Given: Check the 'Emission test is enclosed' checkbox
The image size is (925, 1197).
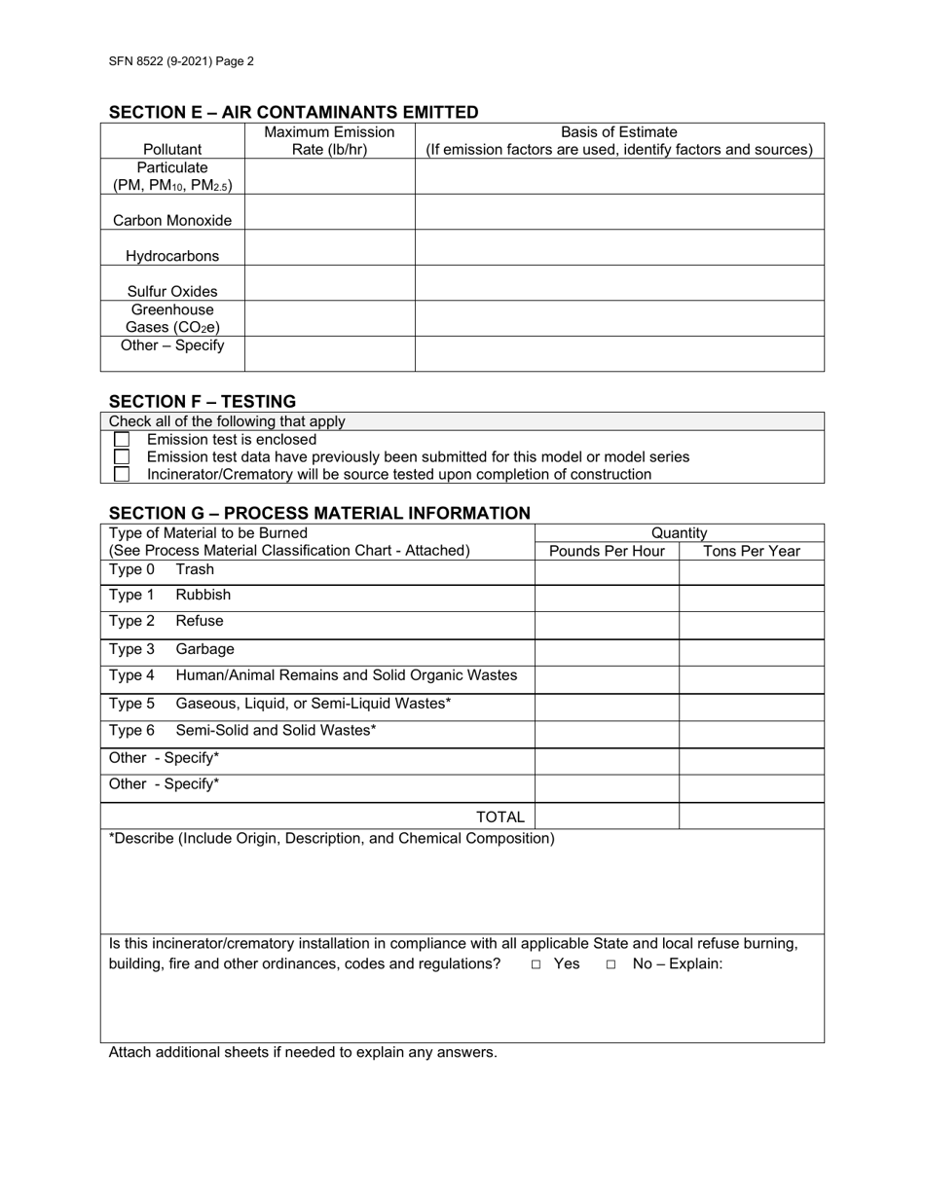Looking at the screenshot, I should [122, 440].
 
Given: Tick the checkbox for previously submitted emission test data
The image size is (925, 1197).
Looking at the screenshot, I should [122, 457].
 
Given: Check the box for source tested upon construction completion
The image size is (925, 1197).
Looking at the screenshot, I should [122, 475].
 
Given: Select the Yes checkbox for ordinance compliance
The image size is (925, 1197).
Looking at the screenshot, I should [536, 964].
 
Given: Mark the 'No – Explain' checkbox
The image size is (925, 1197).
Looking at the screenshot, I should [610, 964].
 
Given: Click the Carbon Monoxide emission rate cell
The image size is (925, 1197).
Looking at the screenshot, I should [329, 212].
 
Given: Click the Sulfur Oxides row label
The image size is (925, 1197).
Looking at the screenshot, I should [172, 291].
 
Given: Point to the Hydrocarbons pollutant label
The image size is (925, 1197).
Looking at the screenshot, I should [172, 256].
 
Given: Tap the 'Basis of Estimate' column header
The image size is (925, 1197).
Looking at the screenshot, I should [619, 132].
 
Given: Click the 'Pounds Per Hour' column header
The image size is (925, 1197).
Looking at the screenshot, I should [607, 551].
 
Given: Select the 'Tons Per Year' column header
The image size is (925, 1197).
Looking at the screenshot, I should [751, 551].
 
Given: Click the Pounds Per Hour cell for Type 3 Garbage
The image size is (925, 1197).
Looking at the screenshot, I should [607, 652].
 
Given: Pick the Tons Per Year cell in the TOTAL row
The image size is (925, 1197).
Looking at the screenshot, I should [751, 816].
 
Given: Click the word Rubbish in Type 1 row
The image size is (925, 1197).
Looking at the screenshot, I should [203, 595].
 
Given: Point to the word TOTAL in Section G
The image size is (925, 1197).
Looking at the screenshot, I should [499, 817].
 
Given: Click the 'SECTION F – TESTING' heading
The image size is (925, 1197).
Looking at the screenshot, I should [203, 401].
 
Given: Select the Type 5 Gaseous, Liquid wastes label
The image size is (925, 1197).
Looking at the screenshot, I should [313, 703].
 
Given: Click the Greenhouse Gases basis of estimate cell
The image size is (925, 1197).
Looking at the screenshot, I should [619, 318].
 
